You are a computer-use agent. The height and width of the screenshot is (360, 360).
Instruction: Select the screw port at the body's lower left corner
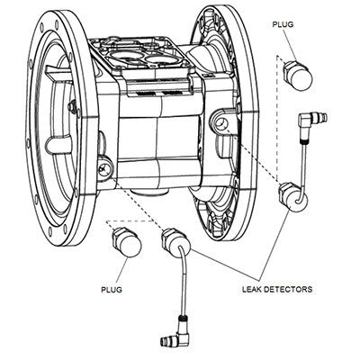(x=106, y=167)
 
